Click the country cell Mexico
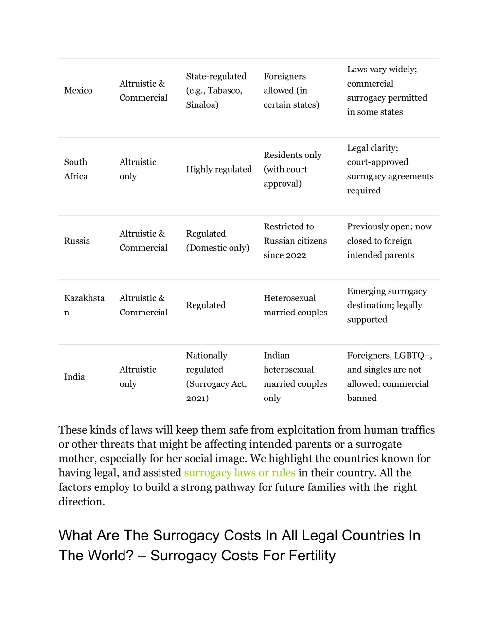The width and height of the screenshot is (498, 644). point(78,91)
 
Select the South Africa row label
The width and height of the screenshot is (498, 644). point(76,169)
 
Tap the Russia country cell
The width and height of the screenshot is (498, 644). point(77,241)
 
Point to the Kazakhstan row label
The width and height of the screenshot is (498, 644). point(84,305)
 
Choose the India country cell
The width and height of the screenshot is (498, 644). point(74,377)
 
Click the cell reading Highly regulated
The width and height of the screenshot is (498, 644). point(219,169)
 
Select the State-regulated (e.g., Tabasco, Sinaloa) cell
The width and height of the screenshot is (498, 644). point(216,91)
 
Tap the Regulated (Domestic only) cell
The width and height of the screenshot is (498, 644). point(217,241)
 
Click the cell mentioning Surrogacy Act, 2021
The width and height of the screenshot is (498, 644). point(216,377)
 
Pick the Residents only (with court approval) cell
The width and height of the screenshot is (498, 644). point(292,169)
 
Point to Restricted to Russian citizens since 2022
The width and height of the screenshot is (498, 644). point(295,241)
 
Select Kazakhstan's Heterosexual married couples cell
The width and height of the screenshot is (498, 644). point(295,305)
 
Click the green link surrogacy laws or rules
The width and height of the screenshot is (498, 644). point(240,473)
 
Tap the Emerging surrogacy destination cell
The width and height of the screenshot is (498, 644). point(387,305)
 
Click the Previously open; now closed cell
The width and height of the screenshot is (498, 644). point(389,241)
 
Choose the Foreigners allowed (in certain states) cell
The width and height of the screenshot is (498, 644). point(291,91)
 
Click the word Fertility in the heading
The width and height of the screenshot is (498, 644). point(312,556)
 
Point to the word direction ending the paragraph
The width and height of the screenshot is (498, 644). point(81,502)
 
